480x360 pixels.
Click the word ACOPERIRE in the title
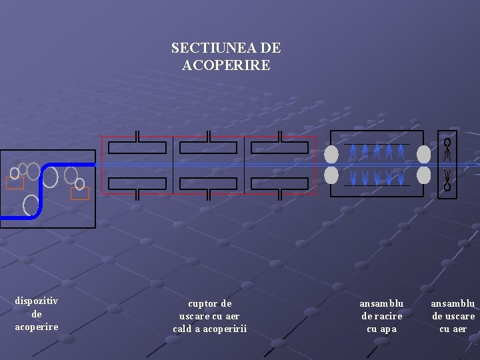[226, 65]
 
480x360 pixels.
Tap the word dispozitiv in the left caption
[37, 301]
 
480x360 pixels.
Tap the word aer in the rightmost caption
[459, 329]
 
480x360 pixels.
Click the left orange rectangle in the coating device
[15, 183]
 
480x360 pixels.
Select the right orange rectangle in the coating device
[80, 193]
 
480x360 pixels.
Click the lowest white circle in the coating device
[31, 205]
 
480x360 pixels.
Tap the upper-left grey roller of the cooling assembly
[331, 155]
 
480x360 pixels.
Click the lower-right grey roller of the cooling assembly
[423, 175]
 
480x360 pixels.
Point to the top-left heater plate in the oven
[137, 148]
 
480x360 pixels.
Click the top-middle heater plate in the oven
[209, 148]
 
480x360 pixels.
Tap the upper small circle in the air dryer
[447, 143]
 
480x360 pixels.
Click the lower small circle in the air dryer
[447, 187]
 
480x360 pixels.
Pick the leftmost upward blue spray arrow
[353, 152]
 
